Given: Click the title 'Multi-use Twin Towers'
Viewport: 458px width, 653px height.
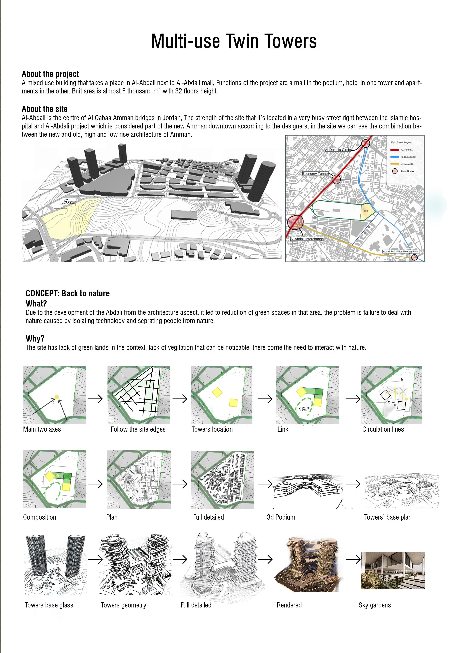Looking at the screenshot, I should [x=234, y=41].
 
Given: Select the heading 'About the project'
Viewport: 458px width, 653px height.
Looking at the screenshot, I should [x=50, y=74].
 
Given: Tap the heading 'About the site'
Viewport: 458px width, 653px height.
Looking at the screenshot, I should [x=45, y=109].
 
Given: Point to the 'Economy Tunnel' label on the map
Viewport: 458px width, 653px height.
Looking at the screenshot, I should [x=315, y=173].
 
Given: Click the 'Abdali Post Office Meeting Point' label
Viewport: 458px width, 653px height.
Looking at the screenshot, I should [x=400, y=251].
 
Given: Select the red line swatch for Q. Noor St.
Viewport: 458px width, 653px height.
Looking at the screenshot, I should [x=395, y=150].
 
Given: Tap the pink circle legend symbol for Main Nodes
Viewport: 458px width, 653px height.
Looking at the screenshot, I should [x=395, y=171].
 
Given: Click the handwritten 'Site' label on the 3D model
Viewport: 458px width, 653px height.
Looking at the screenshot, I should [x=69, y=202].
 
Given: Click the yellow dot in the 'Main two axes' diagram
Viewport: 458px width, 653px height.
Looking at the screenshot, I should [x=57, y=397].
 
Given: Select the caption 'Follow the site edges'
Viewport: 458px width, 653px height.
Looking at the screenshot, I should [x=138, y=429].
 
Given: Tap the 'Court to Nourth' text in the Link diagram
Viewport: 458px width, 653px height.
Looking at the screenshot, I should [x=303, y=409].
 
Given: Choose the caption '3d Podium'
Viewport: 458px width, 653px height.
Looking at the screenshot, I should [x=281, y=517].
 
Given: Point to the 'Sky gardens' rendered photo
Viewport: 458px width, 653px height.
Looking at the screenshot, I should [x=392, y=570].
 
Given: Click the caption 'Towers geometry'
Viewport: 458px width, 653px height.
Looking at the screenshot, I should [x=124, y=605].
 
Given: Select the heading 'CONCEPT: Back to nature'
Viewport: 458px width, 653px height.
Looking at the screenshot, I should [x=68, y=293].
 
